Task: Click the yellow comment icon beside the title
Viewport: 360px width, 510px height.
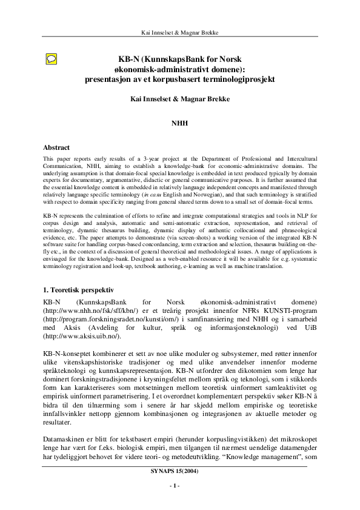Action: (53, 59)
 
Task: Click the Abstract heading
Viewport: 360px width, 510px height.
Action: (56, 147)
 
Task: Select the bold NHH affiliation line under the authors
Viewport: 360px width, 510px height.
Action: (180, 122)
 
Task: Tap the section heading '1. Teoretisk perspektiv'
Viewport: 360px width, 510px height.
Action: (83, 290)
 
